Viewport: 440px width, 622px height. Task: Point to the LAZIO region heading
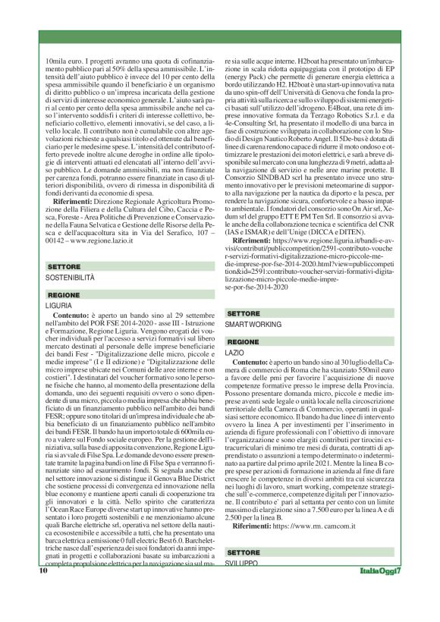click(237, 353)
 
